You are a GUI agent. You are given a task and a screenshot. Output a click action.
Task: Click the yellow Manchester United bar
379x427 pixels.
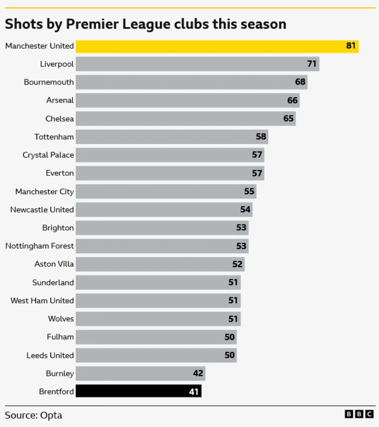click(x=217, y=46)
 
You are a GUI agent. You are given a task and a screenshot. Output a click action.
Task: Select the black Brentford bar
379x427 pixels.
click(x=139, y=391)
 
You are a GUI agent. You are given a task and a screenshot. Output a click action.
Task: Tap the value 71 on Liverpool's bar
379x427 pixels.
click(x=311, y=64)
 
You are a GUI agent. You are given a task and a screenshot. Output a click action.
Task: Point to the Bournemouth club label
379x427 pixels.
click(x=49, y=82)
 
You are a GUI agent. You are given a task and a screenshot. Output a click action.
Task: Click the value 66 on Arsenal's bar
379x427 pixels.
click(x=293, y=101)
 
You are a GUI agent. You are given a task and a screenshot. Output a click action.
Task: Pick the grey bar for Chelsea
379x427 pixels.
click(x=185, y=118)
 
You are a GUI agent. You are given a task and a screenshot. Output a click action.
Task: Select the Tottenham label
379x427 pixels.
click(x=54, y=137)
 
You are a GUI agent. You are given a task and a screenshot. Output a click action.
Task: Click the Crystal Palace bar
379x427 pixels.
click(x=170, y=155)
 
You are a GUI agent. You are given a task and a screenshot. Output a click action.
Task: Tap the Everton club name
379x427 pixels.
click(x=60, y=173)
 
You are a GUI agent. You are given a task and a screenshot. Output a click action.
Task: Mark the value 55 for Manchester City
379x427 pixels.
click(x=249, y=191)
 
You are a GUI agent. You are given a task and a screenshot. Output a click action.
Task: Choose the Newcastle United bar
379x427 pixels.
click(x=164, y=210)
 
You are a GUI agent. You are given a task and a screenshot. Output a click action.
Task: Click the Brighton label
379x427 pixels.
click(x=58, y=228)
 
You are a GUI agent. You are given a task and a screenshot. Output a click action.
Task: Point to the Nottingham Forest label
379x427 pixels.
click(x=40, y=246)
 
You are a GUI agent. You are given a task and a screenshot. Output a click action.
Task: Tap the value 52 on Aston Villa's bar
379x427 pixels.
click(x=237, y=264)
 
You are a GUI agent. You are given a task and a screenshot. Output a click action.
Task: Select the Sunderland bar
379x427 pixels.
click(x=158, y=282)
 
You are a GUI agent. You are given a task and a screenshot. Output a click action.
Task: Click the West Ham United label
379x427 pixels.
click(x=42, y=301)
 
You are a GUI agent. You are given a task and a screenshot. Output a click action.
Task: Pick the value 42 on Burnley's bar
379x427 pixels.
click(x=198, y=374)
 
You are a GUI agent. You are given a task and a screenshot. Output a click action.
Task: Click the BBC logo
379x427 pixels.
click(x=359, y=415)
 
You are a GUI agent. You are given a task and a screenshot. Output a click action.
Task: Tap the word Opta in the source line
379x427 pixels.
click(x=52, y=415)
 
